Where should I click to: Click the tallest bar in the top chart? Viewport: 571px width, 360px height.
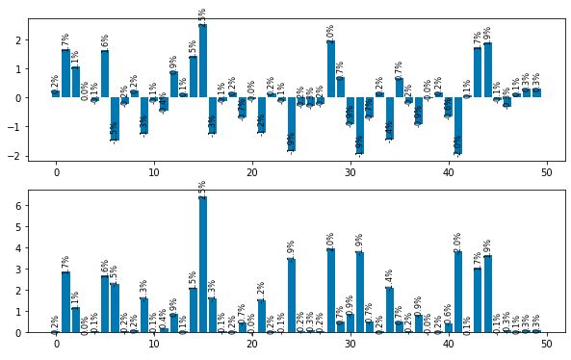[203, 61]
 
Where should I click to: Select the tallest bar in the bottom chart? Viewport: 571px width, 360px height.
[203, 265]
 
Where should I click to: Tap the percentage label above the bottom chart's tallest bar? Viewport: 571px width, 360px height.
[203, 186]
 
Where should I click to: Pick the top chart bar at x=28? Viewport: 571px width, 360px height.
[330, 69]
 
